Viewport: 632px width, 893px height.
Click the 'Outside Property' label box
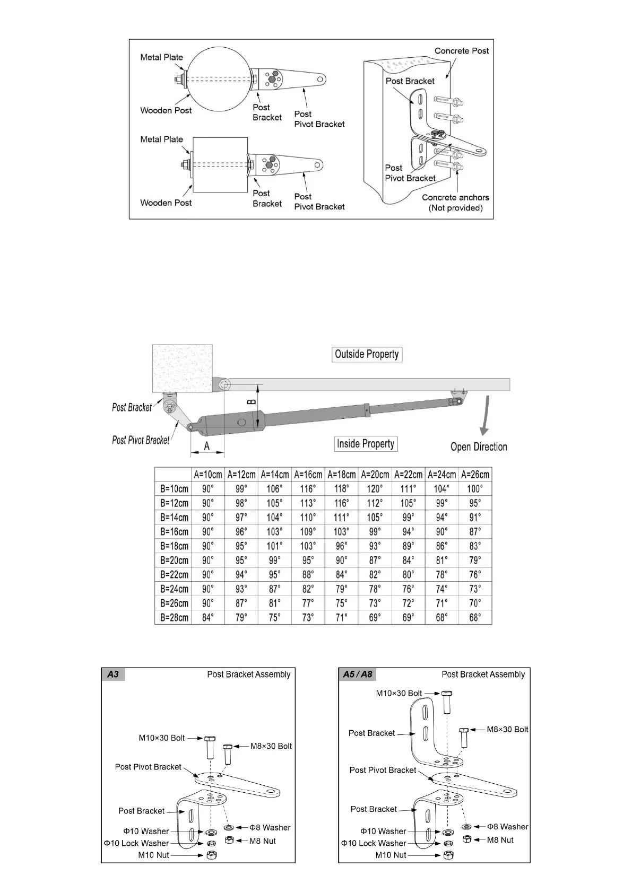tap(367, 354)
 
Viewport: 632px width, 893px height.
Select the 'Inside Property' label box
tap(366, 444)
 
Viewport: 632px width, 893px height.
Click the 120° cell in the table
tap(375, 489)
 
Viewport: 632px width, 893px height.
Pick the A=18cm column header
tap(341, 475)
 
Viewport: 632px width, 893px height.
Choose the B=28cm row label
tap(174, 618)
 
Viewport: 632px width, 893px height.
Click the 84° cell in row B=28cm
tap(208, 618)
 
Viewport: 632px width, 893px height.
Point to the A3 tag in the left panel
tap(113, 675)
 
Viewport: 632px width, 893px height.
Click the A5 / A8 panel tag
tap(358, 675)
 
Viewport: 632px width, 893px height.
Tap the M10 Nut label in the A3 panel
tap(154, 855)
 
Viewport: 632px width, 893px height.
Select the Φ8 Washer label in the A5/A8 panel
tap(508, 827)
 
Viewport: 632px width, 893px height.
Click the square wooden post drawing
tap(220, 165)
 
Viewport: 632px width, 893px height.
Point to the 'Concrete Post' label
tap(462, 51)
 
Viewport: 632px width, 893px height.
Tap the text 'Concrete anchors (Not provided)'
tap(455, 203)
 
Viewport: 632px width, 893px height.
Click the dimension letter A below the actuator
tap(207, 447)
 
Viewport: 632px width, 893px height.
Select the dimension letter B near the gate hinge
tap(252, 402)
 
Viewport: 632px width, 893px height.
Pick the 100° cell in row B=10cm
tap(475, 489)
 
